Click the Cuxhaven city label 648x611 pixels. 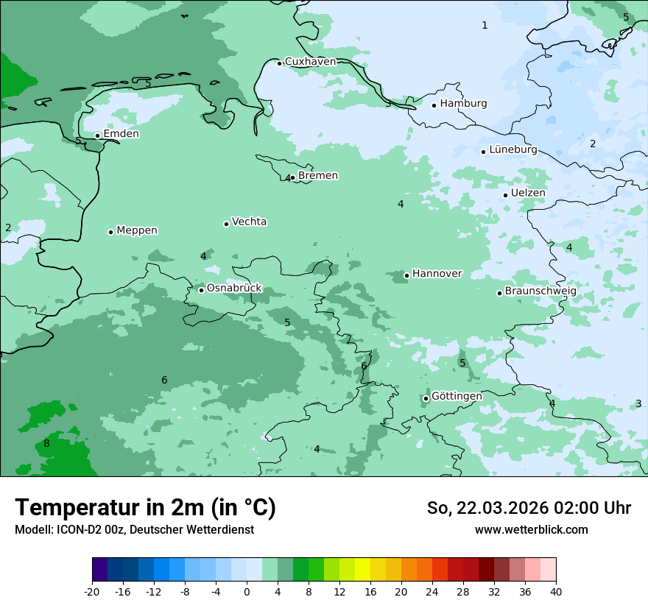[310, 62]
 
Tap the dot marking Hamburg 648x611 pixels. [434, 105]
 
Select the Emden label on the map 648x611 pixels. [121, 134]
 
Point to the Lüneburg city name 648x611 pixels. [513, 149]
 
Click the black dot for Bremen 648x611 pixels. [292, 177]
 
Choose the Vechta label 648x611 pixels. [249, 222]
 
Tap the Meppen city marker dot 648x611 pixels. [111, 232]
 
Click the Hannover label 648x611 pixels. [437, 274]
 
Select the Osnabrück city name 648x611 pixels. [234, 289]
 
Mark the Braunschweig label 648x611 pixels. [540, 292]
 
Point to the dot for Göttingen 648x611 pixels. [426, 399]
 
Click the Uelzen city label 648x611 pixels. [528, 193]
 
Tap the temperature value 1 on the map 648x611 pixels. [485, 26]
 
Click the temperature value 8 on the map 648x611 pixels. [46, 443]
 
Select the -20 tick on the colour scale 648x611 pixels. [92, 592]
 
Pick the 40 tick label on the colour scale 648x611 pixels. [556, 592]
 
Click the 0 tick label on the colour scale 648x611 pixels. [247, 592]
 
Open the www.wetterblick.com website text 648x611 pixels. [531, 530]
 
